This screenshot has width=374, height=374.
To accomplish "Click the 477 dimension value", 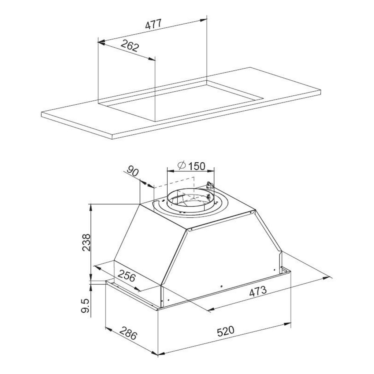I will click(153, 24).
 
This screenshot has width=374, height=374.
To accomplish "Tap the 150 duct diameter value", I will click(196, 166).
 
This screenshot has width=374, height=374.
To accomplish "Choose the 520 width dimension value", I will click(225, 332).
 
